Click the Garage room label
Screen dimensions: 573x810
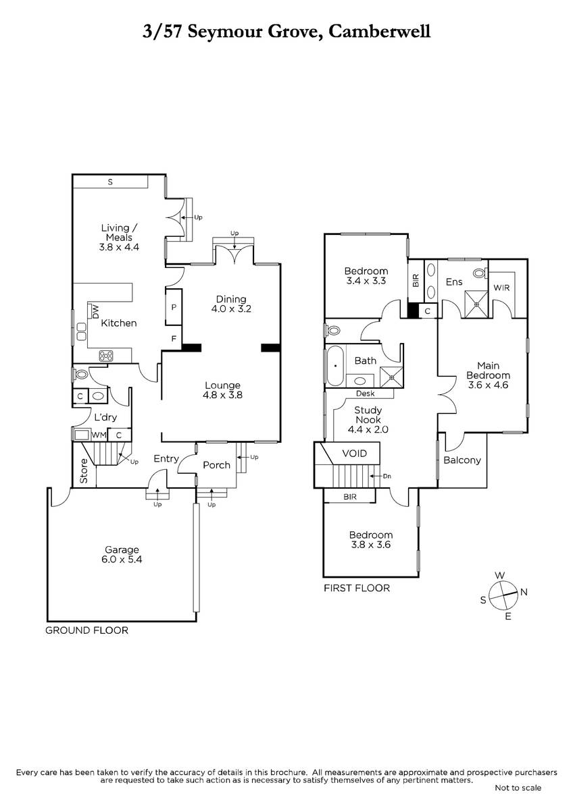coord(122,549)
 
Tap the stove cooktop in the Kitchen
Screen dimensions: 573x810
coord(106,356)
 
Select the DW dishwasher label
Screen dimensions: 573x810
coord(95,312)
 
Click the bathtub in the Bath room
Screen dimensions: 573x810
coord(336,366)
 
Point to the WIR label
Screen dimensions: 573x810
coord(501,288)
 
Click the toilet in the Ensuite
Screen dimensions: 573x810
coord(480,273)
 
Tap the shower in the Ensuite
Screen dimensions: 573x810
coord(476,304)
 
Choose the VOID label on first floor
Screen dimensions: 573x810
coord(354,454)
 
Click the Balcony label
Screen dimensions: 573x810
coord(462,460)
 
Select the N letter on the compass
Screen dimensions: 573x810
coord(524,593)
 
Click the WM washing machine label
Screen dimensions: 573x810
coord(99,435)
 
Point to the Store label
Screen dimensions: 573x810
coord(84,471)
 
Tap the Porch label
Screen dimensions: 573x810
coord(216,465)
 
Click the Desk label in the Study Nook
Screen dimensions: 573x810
coord(366,394)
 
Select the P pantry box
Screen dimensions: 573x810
coord(174,307)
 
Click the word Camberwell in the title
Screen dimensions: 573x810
coord(379,32)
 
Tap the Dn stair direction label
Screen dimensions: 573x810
coord(387,477)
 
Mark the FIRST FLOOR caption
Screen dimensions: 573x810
coord(357,589)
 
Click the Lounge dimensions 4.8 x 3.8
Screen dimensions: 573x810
coord(222,396)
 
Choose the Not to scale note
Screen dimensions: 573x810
coord(518,788)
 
